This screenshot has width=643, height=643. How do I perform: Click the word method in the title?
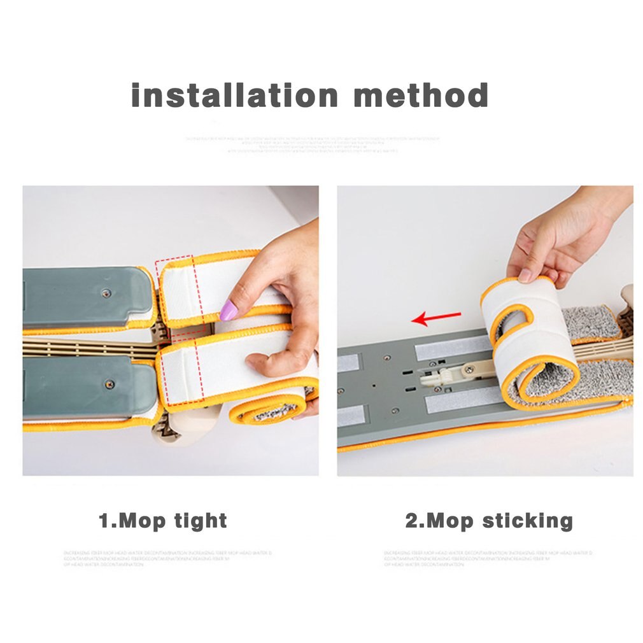(421, 95)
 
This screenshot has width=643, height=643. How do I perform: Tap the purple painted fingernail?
(229, 311)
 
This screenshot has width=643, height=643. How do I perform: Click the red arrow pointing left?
(436, 316)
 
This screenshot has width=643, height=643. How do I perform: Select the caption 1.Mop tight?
(163, 521)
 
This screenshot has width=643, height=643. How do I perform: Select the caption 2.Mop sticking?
(489, 521)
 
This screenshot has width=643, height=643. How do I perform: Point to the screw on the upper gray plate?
(106, 293)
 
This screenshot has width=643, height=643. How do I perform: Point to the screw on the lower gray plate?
(110, 384)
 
